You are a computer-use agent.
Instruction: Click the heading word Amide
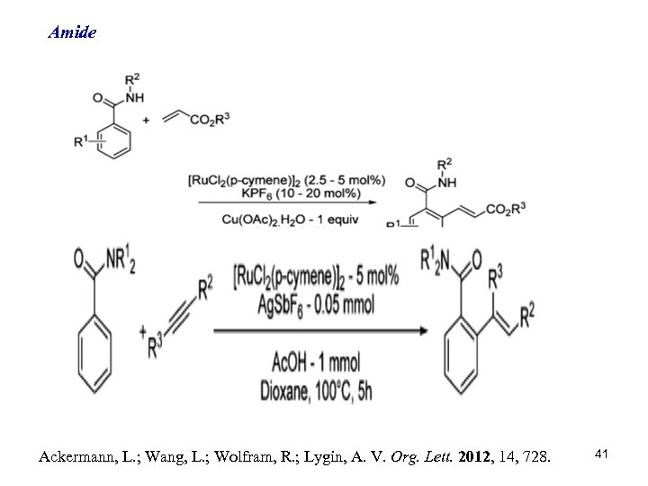click(72, 33)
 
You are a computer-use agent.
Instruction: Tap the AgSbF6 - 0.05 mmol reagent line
click(317, 304)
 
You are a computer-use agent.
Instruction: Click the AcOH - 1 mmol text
click(316, 363)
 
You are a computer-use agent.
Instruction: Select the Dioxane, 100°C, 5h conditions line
click(316, 391)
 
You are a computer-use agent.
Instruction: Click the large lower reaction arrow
click(319, 331)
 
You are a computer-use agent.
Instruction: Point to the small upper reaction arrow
click(289, 202)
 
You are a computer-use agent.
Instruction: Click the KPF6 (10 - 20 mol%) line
click(287, 192)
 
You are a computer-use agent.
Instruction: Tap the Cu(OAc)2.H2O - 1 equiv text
click(288, 216)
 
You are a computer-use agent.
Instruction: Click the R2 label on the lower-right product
click(526, 313)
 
